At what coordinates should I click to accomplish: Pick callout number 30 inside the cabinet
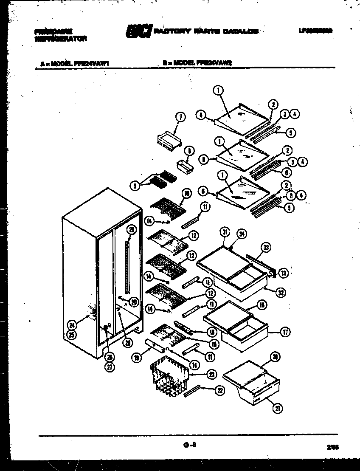pyautogui.click(x=134, y=302)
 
